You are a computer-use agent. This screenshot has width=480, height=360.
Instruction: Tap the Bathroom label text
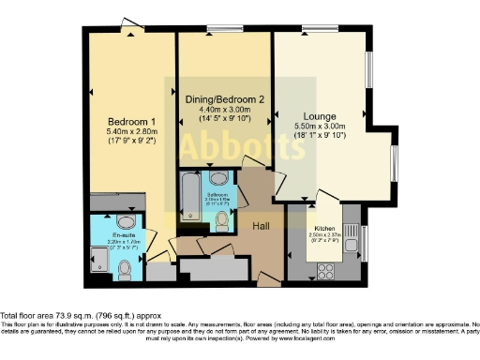(x=218, y=195)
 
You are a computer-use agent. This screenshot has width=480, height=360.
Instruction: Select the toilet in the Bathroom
(x=222, y=220)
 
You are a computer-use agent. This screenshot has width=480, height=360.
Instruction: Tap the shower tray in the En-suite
(x=99, y=256)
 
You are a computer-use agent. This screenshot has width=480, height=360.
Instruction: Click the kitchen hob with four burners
(x=327, y=270)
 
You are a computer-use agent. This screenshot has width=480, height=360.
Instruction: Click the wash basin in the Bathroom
(x=218, y=176)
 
